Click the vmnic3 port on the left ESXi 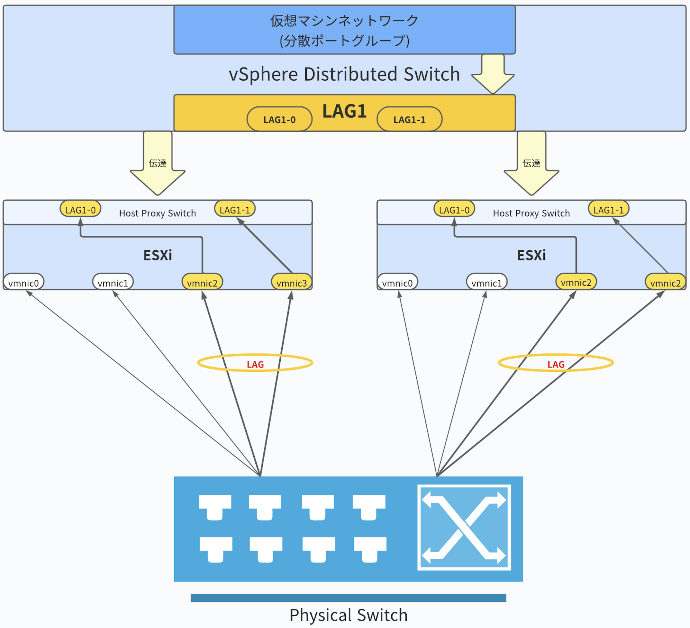(291, 283)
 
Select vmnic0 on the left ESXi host (24, 283)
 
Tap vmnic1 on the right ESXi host (487, 283)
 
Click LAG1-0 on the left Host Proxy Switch (81, 210)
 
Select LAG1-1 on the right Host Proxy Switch (608, 210)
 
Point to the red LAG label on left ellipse (255, 364)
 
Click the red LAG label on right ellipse (556, 364)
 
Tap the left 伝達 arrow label (157, 163)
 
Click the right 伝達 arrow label (531, 163)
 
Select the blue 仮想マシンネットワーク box (344, 30)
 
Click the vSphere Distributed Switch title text (344, 74)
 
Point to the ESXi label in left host (157, 255)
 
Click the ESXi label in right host (531, 255)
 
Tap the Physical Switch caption (348, 615)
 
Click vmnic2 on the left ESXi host (202, 283)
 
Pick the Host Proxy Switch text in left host (157, 213)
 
